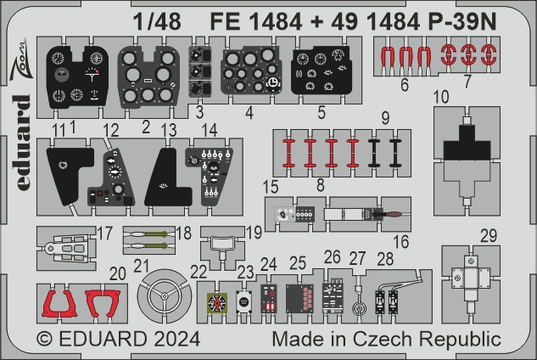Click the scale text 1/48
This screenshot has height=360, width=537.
coord(157,21)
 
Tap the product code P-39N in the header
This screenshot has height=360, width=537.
coord(462,21)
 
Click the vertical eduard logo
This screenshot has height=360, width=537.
coord(22,143)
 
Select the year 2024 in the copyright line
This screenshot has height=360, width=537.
coord(176,339)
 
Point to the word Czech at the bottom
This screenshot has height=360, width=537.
coord(383,339)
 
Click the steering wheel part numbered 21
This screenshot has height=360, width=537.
coord(165,295)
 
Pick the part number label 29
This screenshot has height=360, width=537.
coord(489,236)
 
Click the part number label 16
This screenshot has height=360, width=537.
coord(400,242)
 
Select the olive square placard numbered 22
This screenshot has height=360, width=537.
coord(217,303)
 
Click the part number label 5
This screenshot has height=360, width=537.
coord(322,112)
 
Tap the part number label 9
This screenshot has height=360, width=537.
coord(385,118)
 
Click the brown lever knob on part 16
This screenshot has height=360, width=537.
coord(394,215)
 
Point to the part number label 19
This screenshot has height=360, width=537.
coord(255,233)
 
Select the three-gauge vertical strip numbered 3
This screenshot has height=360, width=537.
coord(200,71)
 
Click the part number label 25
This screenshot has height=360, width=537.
coord(298,263)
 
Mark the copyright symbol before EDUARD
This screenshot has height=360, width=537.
coord(45,339)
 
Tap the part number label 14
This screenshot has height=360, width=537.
coord(210,130)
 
